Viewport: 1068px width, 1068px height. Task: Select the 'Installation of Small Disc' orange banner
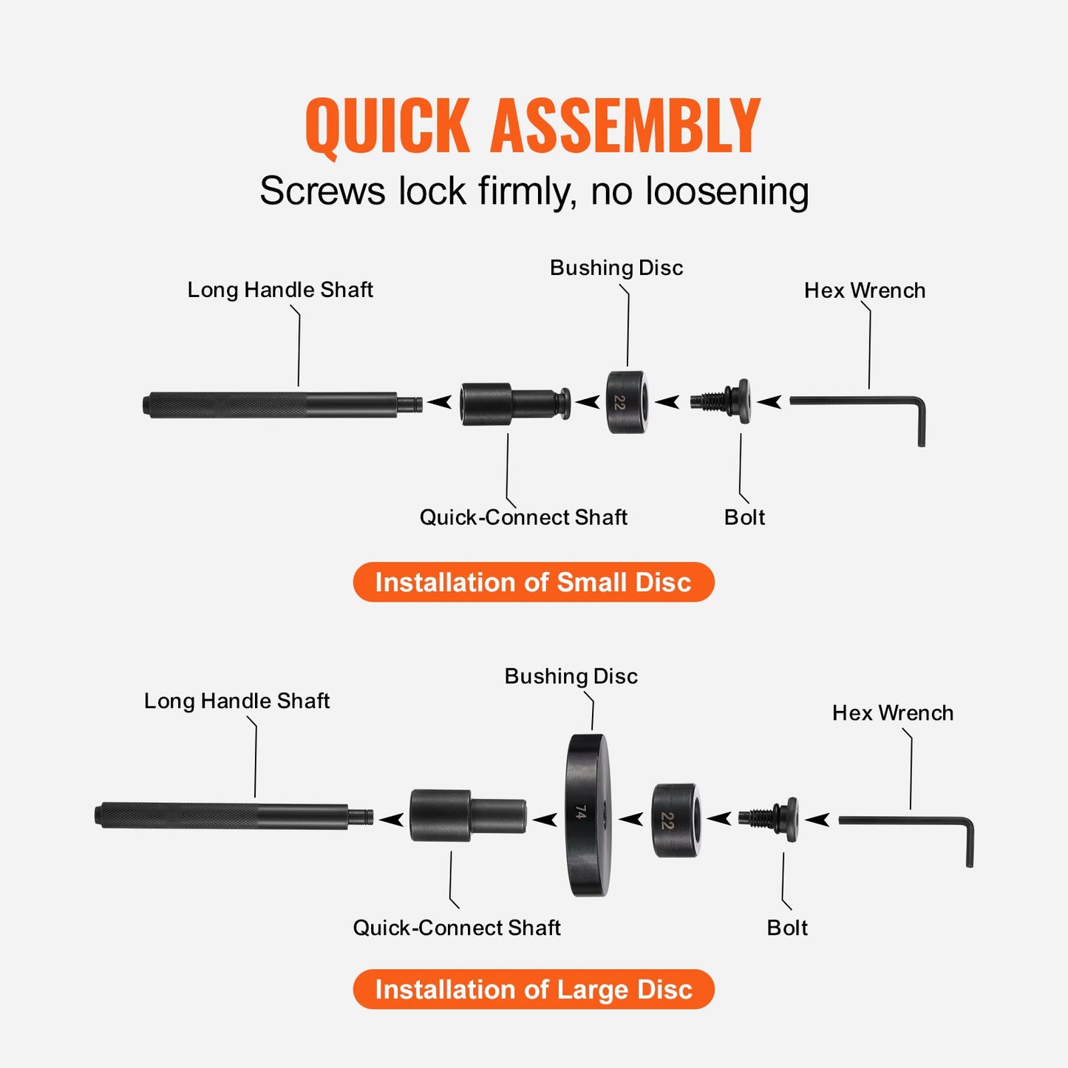pos(533,582)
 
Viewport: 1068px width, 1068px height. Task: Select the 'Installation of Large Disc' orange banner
pos(533,990)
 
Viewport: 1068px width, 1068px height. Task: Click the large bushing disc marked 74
pos(588,814)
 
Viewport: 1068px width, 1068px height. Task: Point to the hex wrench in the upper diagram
pos(857,402)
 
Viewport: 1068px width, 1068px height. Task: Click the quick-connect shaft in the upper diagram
pos(514,404)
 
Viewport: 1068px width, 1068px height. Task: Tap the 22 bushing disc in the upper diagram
pos(627,402)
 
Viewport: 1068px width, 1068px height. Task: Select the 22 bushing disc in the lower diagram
pos(675,820)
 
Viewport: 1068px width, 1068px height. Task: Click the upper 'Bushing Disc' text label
pos(616,268)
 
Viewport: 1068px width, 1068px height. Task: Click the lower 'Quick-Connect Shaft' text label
pos(456,928)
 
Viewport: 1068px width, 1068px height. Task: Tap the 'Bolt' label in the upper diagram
pos(744,517)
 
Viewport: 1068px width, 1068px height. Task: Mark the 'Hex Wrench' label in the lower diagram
pos(892,713)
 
